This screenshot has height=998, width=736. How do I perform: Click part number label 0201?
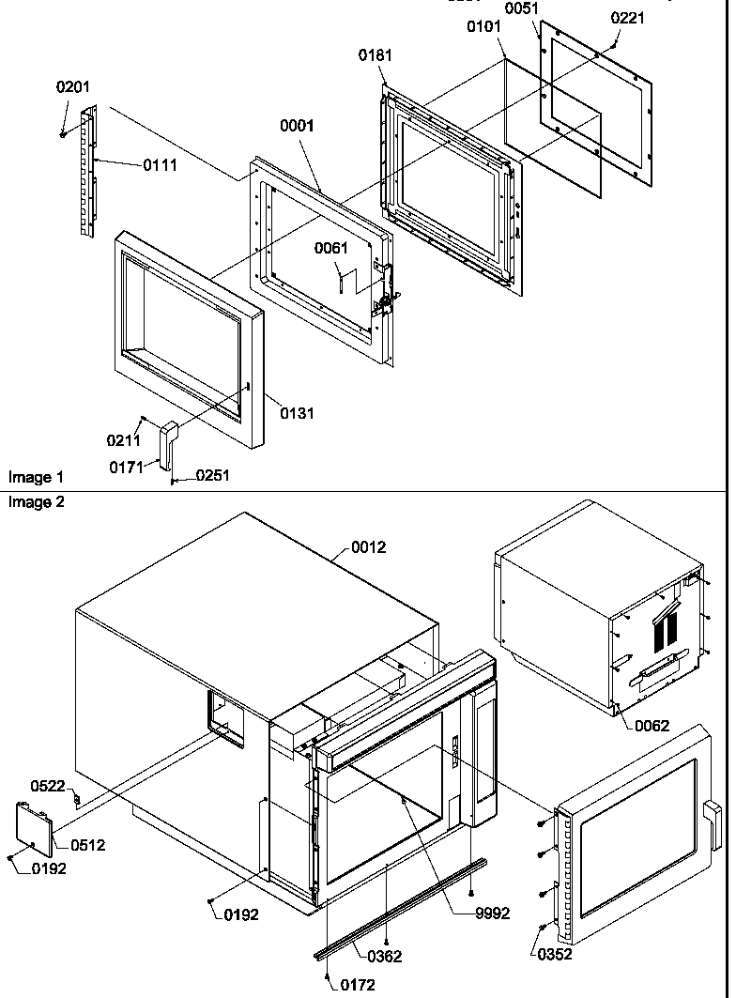(73, 87)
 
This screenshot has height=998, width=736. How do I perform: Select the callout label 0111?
(160, 165)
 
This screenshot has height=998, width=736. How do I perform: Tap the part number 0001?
(297, 126)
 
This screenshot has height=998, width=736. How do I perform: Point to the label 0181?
(376, 56)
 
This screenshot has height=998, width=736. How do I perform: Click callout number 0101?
(484, 27)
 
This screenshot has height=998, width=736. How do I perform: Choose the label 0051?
(522, 8)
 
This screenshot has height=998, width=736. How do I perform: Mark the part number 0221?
(628, 18)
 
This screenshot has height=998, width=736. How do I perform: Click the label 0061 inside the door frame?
(330, 249)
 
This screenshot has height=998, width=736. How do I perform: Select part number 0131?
(297, 413)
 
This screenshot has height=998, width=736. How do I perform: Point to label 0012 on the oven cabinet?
(368, 547)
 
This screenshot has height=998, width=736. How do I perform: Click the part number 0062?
(652, 725)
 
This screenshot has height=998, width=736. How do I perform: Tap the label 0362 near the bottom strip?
(385, 956)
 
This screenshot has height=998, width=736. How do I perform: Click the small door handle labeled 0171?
(168, 442)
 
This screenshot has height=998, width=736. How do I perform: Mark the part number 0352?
(555, 955)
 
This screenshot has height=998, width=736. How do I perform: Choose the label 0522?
(48, 785)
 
